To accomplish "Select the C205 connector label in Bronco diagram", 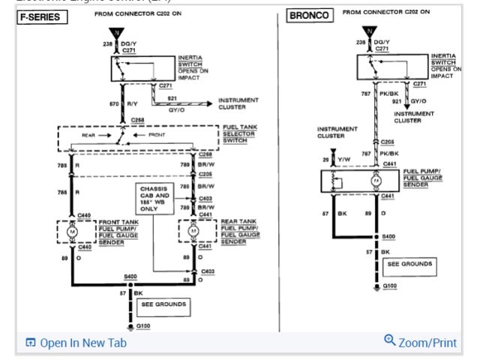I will pos(387,140).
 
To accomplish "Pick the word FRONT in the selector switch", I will pos(157,135).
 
